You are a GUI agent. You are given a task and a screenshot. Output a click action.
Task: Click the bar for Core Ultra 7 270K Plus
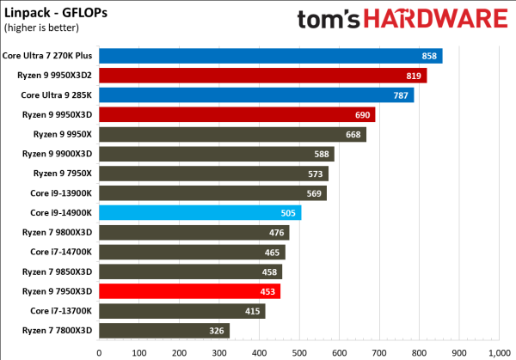coord(270,56)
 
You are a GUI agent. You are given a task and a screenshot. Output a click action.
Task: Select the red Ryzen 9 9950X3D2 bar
coord(262,76)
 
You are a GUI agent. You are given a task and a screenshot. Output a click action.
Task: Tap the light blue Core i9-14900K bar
coord(200,212)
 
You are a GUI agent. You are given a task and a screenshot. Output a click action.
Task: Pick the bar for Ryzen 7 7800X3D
coord(164,330)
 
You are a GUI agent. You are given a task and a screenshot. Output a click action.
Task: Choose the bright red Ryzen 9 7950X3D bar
coord(189,290)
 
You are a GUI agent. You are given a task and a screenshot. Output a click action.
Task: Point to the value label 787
coord(401,95)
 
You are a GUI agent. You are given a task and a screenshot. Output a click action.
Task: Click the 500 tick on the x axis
coord(298,351)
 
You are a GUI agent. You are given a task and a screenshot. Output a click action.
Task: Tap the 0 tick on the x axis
coord(100,351)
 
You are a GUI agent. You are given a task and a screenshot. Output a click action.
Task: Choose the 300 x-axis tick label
coord(219,351)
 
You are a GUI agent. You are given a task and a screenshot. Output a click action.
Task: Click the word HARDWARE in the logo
coord(435,18)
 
